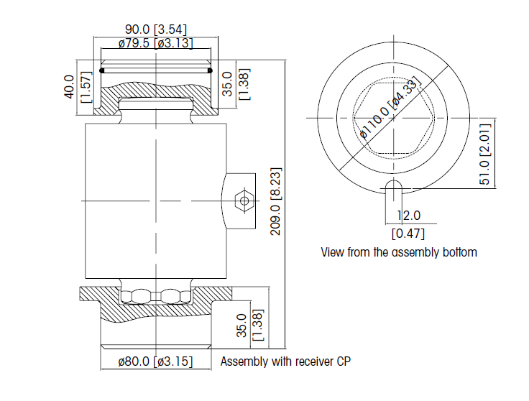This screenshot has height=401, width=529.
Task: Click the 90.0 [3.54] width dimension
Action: point(156,29)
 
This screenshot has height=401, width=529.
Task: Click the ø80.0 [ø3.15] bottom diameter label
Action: point(155,361)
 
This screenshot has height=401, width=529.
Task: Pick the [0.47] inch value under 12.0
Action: point(408,233)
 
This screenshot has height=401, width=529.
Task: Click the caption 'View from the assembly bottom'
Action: point(398,252)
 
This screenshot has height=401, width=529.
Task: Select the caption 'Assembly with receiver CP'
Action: point(286,361)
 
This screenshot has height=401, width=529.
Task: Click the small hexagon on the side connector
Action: point(244,200)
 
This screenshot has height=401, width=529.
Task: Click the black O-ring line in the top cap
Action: point(156,70)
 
